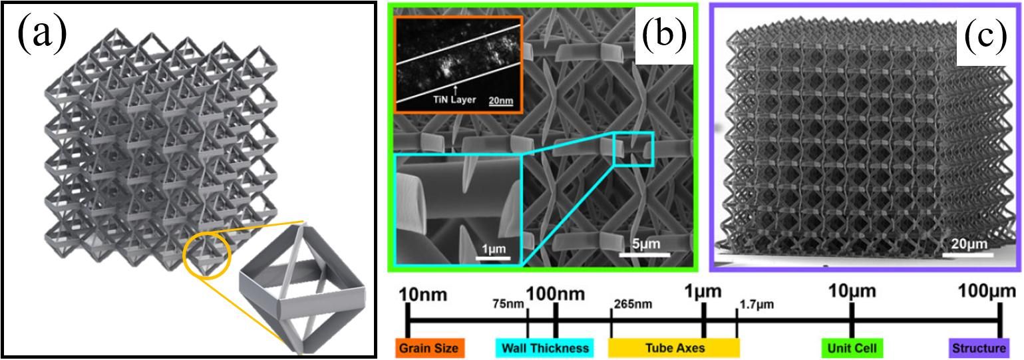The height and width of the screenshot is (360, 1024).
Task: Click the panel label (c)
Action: (x=983, y=37)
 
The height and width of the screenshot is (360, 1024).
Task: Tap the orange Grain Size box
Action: (x=428, y=347)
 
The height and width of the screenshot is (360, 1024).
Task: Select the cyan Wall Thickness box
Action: (x=545, y=347)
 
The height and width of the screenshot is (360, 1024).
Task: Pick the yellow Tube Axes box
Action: (x=673, y=347)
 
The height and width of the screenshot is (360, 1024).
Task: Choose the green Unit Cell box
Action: (x=852, y=347)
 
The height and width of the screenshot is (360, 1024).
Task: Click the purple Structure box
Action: (x=978, y=347)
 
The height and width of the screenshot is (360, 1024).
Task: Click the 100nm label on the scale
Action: (x=556, y=293)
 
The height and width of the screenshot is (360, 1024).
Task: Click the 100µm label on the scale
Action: (x=987, y=292)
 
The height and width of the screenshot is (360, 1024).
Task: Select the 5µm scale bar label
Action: (x=645, y=244)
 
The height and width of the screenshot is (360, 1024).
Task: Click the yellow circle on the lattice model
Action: (x=206, y=256)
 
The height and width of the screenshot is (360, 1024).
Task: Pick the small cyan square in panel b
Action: (x=633, y=148)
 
